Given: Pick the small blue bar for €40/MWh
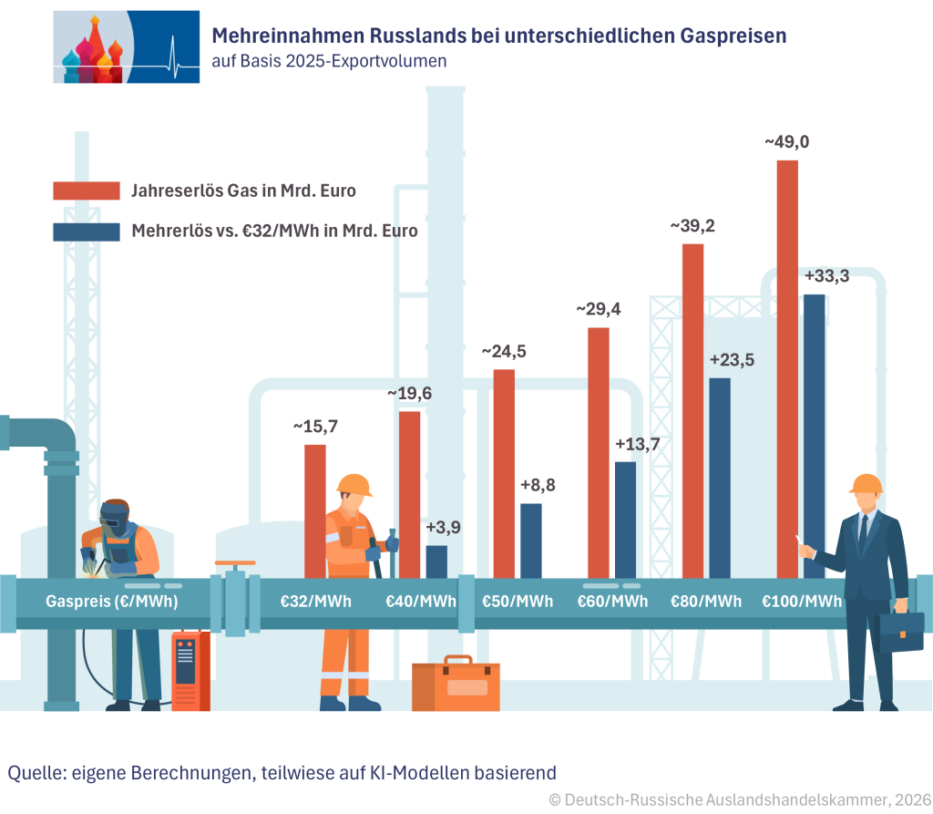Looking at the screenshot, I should [x=436, y=562].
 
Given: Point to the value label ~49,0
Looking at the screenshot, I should [x=787, y=141].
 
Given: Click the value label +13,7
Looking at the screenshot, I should [x=637, y=444].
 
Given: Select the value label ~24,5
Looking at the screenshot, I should [x=504, y=351].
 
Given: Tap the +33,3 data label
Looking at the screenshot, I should [x=826, y=276].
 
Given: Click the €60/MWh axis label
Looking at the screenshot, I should [x=613, y=602].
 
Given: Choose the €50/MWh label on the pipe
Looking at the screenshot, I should [x=518, y=602].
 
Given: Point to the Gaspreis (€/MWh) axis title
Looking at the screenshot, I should [x=112, y=602].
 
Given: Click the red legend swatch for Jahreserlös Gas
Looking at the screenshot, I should [x=87, y=191].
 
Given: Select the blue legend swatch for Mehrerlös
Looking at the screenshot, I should [x=87, y=232].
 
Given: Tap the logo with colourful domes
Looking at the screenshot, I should [x=127, y=46].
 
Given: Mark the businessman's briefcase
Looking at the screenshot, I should [x=900, y=633].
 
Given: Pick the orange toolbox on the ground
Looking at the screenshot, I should [x=456, y=684].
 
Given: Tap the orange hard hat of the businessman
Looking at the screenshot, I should [x=866, y=483].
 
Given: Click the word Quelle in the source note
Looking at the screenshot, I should [x=35, y=773].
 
